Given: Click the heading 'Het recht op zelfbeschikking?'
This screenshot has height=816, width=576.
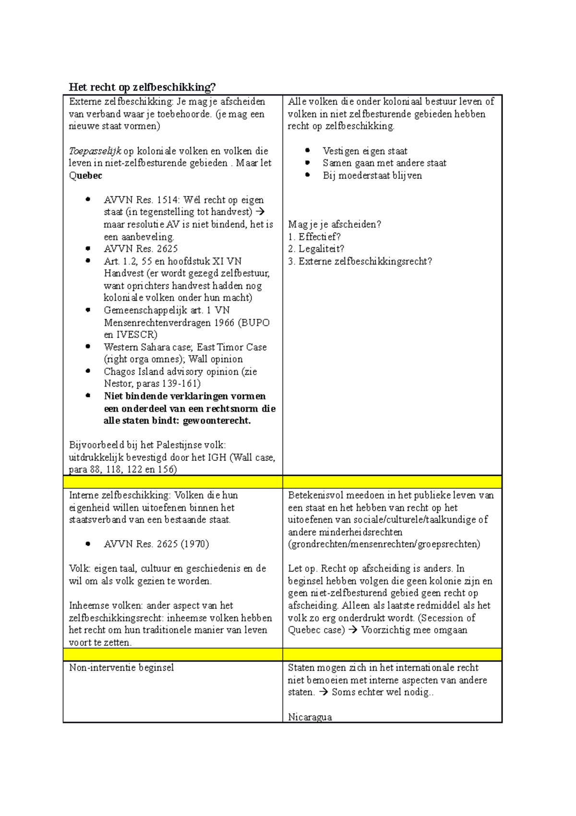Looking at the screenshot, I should tap(142, 87).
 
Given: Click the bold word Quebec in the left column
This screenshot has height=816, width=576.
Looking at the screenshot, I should tap(85, 175).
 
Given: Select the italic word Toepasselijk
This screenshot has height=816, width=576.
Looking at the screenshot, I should tap(95, 151).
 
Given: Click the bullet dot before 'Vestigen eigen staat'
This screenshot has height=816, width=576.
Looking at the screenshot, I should tap(308, 150).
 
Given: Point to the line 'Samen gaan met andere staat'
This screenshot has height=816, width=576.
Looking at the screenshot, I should tap(384, 163).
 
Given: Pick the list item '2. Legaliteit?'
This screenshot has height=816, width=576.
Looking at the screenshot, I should tap(316, 249).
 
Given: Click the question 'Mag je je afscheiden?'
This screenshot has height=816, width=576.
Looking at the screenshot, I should tap(335, 224).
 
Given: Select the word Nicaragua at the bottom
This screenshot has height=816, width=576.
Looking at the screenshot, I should tap(310, 717).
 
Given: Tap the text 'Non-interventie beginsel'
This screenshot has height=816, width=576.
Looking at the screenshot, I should tap(121, 668).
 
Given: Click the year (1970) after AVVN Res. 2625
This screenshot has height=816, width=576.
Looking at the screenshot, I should tap(195, 544).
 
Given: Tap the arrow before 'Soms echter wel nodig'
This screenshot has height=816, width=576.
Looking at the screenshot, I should tap(324, 692).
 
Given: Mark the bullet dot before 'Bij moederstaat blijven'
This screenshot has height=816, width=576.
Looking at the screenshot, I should tap(308, 175).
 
